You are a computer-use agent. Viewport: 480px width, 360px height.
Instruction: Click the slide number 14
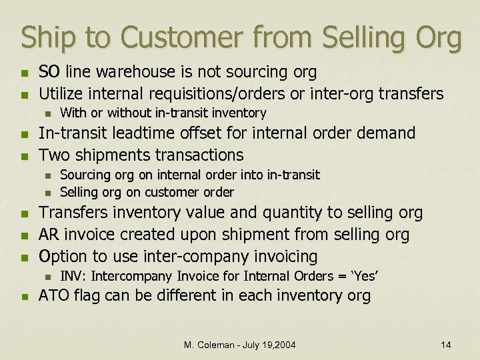(x=446, y=344)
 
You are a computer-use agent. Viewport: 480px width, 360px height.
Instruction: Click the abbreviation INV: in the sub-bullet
(x=71, y=276)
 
